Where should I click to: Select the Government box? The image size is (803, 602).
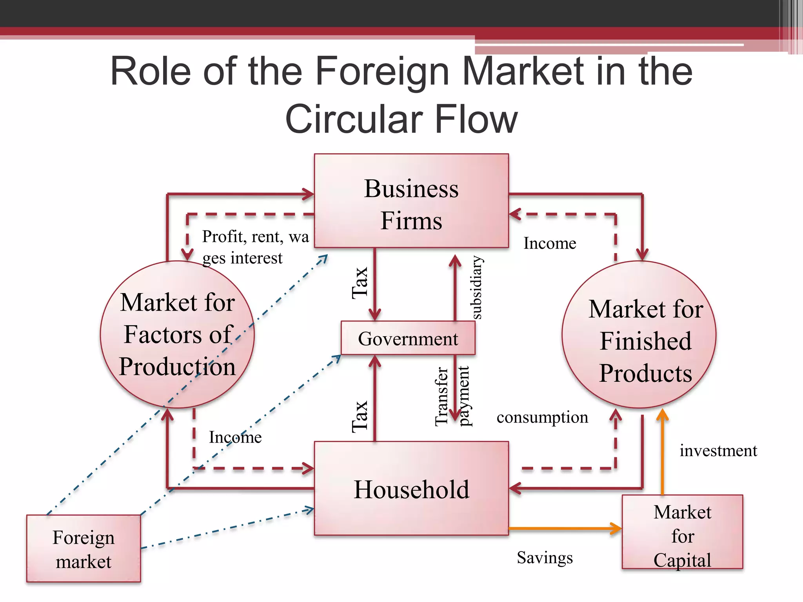pyautogui.click(x=408, y=338)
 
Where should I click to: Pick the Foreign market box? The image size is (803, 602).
pyautogui.click(x=83, y=549)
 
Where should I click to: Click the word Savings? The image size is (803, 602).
pyautogui.click(x=545, y=557)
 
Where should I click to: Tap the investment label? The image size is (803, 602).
pyautogui.click(x=718, y=451)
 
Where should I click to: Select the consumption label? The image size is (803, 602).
pyautogui.click(x=542, y=417)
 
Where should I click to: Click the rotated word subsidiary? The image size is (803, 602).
pyautogui.click(x=476, y=287)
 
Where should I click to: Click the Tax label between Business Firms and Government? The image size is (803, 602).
pyautogui.click(x=360, y=283)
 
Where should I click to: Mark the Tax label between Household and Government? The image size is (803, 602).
pyautogui.click(x=360, y=416)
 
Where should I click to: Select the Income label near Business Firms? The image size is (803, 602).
pyautogui.click(x=550, y=243)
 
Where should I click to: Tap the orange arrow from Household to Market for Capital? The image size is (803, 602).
pyautogui.click(x=565, y=528)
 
